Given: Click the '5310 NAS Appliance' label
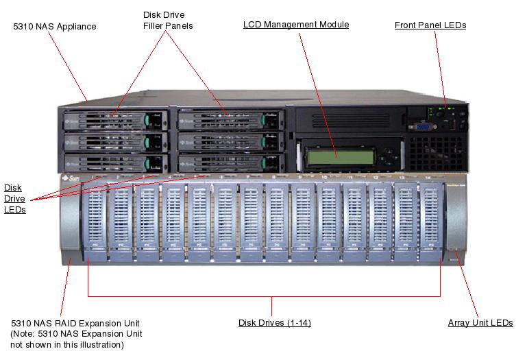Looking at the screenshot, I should [55, 27].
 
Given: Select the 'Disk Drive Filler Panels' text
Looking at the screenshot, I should [168, 20].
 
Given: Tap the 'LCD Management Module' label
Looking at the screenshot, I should [296, 25].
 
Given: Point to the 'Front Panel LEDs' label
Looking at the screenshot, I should [430, 25].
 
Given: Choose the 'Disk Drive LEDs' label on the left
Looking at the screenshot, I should [15, 198].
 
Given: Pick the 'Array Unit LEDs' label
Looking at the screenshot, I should [480, 323].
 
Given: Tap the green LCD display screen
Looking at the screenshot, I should [340, 156].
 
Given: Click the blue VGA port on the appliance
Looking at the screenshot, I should [424, 125].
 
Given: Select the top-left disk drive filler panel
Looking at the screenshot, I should [114, 119].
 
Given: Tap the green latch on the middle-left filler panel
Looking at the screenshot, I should [147, 142].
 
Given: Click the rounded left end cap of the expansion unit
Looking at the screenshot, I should [70, 221].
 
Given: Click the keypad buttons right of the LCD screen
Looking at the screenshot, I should [389, 156].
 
